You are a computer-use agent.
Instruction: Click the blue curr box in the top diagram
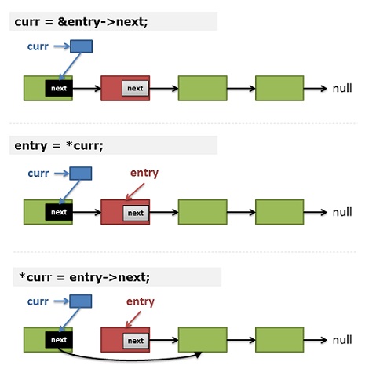click(x=81, y=46)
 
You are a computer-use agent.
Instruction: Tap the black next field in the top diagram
click(x=59, y=88)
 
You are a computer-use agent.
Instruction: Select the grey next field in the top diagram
click(x=135, y=88)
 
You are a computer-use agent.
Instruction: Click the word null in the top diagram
click(x=342, y=89)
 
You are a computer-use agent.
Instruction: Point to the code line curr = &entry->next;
click(x=81, y=22)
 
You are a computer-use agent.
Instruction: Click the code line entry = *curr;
click(x=59, y=145)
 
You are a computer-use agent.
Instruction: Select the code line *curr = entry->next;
click(x=84, y=277)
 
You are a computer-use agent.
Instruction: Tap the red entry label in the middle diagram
click(x=144, y=174)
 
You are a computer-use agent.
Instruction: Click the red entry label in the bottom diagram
click(x=141, y=301)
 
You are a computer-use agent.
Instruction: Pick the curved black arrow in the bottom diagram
click(x=128, y=360)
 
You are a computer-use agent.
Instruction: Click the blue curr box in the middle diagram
click(x=81, y=174)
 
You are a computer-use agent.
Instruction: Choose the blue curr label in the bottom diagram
click(x=38, y=301)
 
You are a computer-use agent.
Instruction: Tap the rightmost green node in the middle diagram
click(x=279, y=212)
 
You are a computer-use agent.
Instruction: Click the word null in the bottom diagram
click(x=342, y=340)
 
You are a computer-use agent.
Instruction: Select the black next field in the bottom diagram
click(x=59, y=340)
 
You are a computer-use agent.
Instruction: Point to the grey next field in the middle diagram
click(x=136, y=213)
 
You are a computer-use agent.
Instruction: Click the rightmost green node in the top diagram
click(x=279, y=88)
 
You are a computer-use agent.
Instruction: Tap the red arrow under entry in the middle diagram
click(x=135, y=192)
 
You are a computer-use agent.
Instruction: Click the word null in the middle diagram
click(x=342, y=212)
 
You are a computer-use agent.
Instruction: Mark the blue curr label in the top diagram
click(x=38, y=46)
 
